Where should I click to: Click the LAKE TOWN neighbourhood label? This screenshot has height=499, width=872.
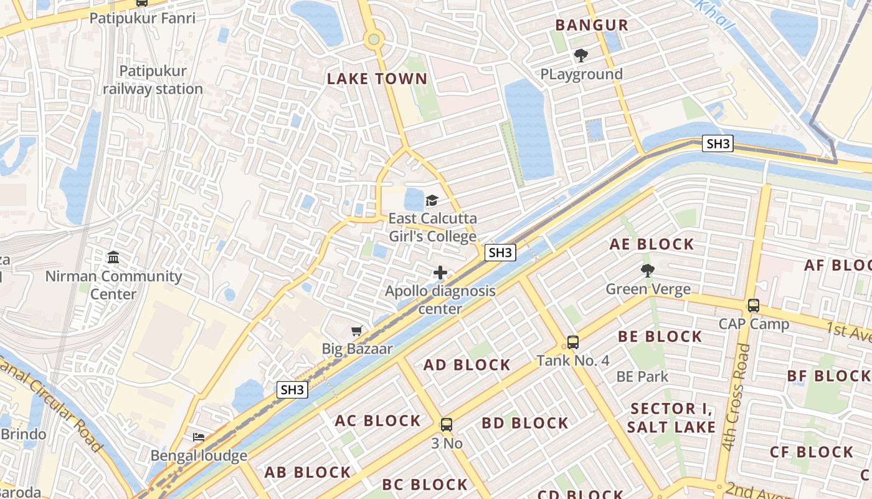pyautogui.click(x=377, y=79)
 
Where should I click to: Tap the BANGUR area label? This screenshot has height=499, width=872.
pyautogui.click(x=592, y=26)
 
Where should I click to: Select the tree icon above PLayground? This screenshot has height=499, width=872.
pyautogui.click(x=581, y=56)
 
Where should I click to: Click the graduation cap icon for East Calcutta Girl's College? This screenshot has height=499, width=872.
pyautogui.click(x=432, y=200)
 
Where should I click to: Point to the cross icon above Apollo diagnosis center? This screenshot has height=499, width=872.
pyautogui.click(x=440, y=273)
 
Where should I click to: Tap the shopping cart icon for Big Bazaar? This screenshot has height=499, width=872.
pyautogui.click(x=357, y=331)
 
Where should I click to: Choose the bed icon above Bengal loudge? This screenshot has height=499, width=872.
pyautogui.click(x=199, y=437)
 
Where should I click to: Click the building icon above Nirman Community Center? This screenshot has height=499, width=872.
pyautogui.click(x=113, y=257)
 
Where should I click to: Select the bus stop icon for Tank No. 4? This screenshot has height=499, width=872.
pyautogui.click(x=573, y=342)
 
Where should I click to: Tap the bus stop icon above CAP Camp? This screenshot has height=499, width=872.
pyautogui.click(x=754, y=306)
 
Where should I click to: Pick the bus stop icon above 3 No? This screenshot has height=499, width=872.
pyautogui.click(x=447, y=425)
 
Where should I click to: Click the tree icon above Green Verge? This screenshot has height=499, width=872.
pyautogui.click(x=648, y=271)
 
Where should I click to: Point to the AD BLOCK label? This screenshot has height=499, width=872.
pyautogui.click(x=467, y=365)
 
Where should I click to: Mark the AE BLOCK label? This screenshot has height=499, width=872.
pyautogui.click(x=652, y=244)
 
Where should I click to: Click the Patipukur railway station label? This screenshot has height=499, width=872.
pyautogui.click(x=153, y=80)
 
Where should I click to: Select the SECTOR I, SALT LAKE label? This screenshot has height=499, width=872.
pyautogui.click(x=671, y=418)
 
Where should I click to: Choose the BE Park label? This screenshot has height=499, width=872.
pyautogui.click(x=642, y=377)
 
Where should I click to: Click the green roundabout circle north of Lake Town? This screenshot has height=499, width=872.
pyautogui.click(x=374, y=40)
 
